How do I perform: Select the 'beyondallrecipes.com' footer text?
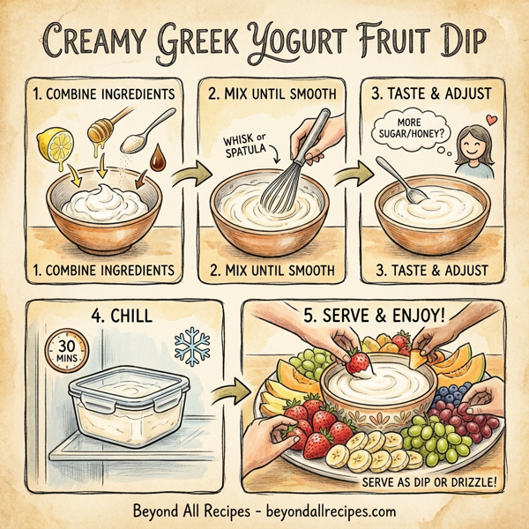pyautogui.click(x=329, y=510)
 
